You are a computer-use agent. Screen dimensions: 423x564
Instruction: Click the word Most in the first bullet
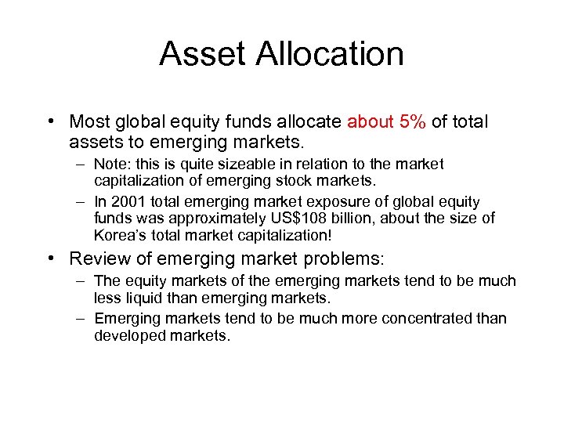pyautogui.click(x=90, y=122)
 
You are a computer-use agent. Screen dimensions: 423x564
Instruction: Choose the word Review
pyautogui.click(x=96, y=258)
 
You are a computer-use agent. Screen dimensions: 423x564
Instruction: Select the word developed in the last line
pyautogui.click(x=128, y=335)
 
